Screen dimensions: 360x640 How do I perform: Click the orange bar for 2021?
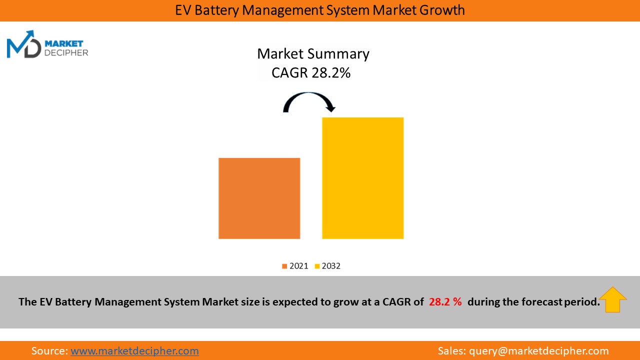pyautogui.click(x=259, y=198)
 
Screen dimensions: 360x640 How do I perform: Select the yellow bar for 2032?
pyautogui.click(x=362, y=178)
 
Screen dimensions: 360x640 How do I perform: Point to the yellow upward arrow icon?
pyautogui.click(x=612, y=299)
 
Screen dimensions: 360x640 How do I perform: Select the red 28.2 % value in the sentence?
pyautogui.click(x=445, y=302)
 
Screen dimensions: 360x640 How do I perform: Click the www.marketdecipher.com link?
pyautogui.click(x=134, y=351)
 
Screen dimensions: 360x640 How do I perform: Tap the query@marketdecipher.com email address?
pyautogui.click(x=538, y=351)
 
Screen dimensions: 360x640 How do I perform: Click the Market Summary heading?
pyautogui.click(x=313, y=54)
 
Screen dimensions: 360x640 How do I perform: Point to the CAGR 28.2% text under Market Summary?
pyautogui.click(x=311, y=73)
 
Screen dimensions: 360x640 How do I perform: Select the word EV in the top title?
pyautogui.click(x=183, y=10)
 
